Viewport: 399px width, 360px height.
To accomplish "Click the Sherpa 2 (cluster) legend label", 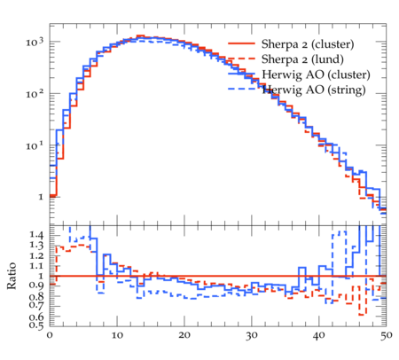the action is (x=308, y=44).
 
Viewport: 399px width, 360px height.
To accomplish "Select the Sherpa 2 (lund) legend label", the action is (x=302, y=59).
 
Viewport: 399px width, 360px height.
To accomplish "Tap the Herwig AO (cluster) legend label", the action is (x=316, y=74).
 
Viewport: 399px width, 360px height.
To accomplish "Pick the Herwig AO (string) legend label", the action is (x=314, y=90).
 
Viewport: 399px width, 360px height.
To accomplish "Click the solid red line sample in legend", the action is (x=241, y=43).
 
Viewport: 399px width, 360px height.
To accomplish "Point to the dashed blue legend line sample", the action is (x=241, y=89).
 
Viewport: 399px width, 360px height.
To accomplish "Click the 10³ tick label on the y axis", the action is (x=35, y=42).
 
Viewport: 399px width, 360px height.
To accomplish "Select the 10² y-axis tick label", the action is (x=35, y=94).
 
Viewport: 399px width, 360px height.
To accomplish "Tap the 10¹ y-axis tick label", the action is (x=35, y=145).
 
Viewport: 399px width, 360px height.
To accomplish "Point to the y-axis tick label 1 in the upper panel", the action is (x=41, y=197).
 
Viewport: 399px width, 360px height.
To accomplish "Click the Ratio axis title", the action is (x=12, y=276).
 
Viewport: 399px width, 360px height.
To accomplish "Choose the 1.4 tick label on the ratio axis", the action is (x=36, y=235).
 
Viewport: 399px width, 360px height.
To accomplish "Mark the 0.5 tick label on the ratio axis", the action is (x=36, y=325).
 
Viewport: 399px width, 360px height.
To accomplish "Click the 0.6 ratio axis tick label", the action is (x=36, y=317).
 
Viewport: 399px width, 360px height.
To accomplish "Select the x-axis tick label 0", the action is (x=50, y=335).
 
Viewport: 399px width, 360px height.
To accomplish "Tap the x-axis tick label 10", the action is (x=117, y=335).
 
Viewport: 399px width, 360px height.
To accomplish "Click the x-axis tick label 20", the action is (x=184, y=335).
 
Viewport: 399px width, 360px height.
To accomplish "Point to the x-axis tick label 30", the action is (x=252, y=335).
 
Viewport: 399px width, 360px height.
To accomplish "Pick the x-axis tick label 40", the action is (x=319, y=335).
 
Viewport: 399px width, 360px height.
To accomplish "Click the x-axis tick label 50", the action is (x=386, y=335).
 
